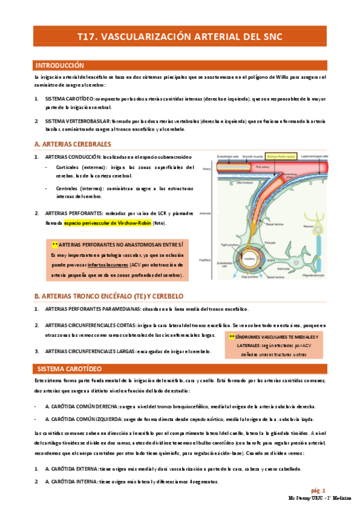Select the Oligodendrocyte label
tap(317, 278)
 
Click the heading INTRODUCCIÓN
tap(59, 65)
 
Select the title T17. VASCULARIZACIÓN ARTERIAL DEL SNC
tap(180, 37)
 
